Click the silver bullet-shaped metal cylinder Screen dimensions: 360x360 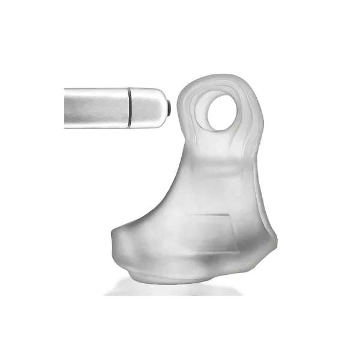(114, 107)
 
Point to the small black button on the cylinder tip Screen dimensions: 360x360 (168, 107)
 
